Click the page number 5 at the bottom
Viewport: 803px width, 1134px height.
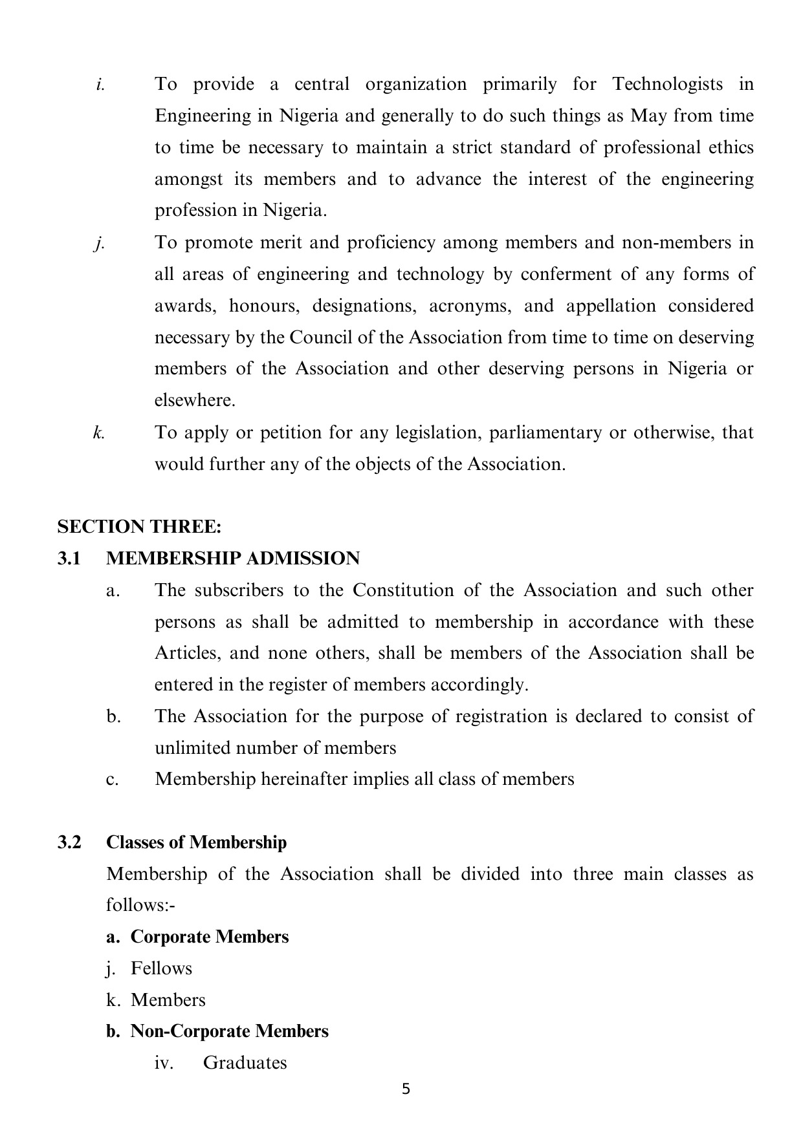[x=406, y=1089]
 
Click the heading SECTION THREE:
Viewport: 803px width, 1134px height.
[x=139, y=527]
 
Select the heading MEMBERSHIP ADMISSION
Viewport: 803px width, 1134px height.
[x=233, y=559]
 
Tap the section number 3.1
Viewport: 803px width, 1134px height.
[x=69, y=559]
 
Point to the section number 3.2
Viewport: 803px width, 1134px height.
[x=69, y=842]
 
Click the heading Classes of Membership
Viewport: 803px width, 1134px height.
[x=196, y=842]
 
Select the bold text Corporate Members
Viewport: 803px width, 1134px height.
[x=210, y=937]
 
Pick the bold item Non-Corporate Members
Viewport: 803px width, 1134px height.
[x=229, y=1031]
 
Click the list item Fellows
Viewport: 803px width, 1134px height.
[x=161, y=968]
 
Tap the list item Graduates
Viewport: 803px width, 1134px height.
[x=245, y=1063]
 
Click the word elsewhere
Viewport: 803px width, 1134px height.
[x=195, y=400]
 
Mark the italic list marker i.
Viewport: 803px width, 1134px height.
[x=100, y=85]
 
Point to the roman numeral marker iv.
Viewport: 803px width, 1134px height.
[x=163, y=1063]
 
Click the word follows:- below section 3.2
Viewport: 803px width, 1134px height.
[x=141, y=905]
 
